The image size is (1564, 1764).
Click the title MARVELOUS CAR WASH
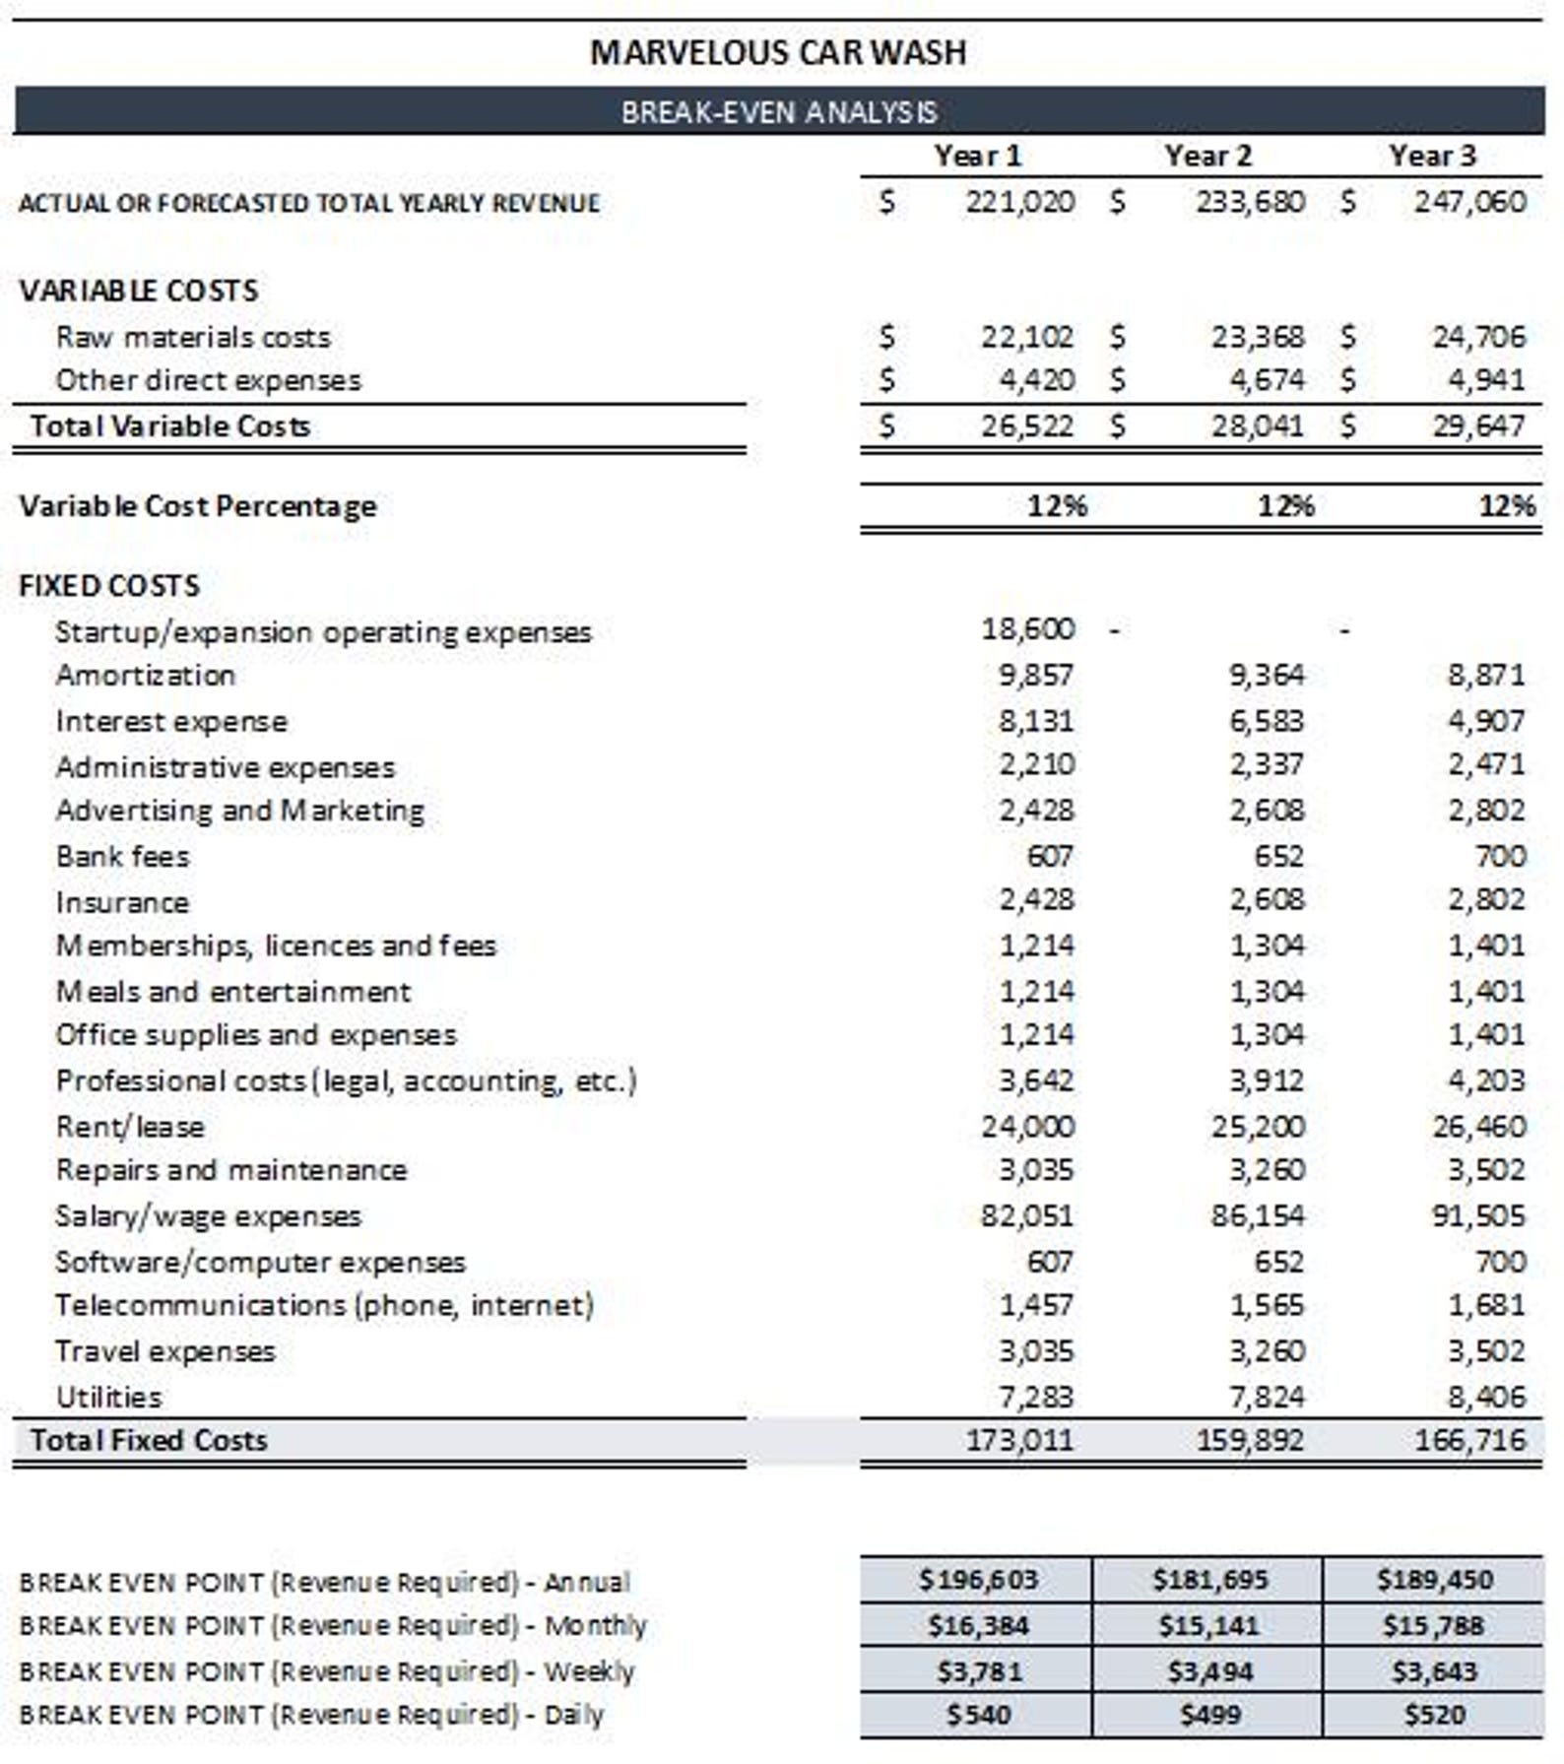tap(778, 52)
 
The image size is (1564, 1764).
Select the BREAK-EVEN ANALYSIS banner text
tap(778, 111)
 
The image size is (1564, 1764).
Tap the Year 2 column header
tap(1207, 156)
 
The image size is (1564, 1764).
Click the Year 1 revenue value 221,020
tap(1019, 202)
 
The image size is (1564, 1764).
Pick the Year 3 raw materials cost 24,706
tap(1478, 337)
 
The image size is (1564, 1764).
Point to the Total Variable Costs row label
tap(169, 425)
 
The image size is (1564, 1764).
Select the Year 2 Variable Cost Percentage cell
tap(1285, 505)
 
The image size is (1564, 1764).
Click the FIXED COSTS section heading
tap(108, 585)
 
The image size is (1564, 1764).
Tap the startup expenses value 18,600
tap(1027, 628)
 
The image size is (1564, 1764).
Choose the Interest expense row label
tap(171, 721)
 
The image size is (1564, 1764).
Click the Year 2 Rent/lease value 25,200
tap(1258, 1126)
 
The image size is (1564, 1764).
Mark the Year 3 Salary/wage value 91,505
tap(1478, 1215)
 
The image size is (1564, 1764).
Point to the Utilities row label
tap(108, 1397)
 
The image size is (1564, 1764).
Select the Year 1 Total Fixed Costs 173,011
tap(1019, 1440)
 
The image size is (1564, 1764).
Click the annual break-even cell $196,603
tap(978, 1580)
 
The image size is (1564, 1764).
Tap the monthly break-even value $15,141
tap(1208, 1625)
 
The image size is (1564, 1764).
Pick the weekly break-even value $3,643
tap(1434, 1671)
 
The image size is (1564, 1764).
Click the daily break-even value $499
tap(1209, 1715)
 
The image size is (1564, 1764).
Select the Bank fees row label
tap(122, 856)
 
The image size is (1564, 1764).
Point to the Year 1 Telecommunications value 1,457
tap(1036, 1305)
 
